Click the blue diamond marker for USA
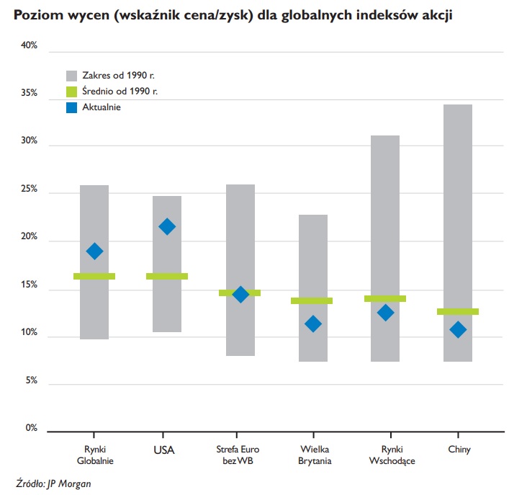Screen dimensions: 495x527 [167, 227]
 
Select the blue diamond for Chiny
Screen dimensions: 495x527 [458, 329]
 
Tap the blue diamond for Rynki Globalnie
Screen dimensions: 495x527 [94, 251]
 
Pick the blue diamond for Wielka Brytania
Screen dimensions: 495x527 [312, 324]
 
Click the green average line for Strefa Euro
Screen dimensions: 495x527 [240, 293]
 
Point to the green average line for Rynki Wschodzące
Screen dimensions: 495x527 [385, 298]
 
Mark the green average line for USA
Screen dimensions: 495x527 [167, 276]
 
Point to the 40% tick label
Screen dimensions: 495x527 [30, 45]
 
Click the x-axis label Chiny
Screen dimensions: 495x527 [459, 450]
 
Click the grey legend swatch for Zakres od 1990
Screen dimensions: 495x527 [72, 75]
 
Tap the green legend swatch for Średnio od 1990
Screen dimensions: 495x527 [72, 92]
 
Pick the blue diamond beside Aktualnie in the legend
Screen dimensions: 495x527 [72, 107]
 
